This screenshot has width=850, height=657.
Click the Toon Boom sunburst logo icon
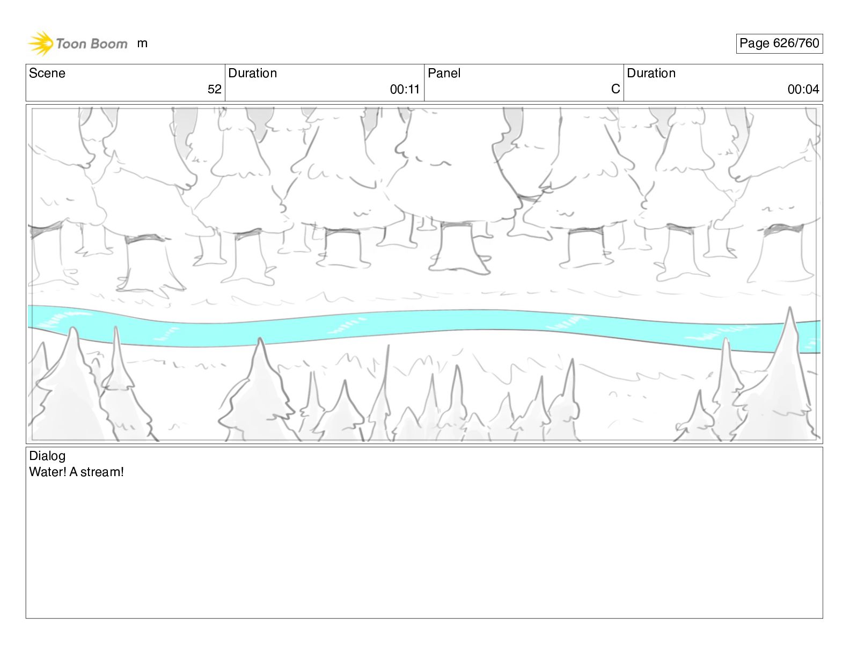pos(40,43)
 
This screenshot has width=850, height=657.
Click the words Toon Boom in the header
pos(92,43)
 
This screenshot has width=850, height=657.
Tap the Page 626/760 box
pos(779,43)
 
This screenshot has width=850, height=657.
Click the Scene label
pos(47,73)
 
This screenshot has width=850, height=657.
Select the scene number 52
pos(215,89)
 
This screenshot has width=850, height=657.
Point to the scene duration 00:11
pos(405,89)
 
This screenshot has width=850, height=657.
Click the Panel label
pos(444,73)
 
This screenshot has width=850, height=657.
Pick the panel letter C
pos(615,89)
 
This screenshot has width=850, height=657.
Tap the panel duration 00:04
pos(803,89)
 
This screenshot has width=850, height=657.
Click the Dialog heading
pos(47,456)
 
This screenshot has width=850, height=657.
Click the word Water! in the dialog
pos(48,472)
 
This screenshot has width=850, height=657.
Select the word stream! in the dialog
pos(102,472)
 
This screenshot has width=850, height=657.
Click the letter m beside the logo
pos(142,43)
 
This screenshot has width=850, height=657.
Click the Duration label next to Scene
pos(253,73)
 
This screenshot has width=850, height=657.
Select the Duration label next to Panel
pos(651,73)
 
